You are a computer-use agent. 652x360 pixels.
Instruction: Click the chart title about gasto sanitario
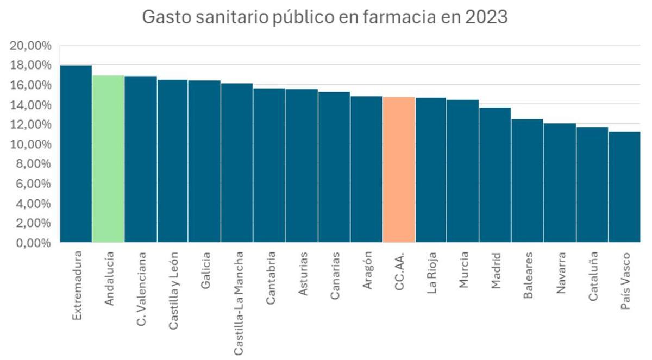pyautogui.click(x=324, y=17)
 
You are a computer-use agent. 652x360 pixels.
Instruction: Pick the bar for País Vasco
pyautogui.click(x=624, y=187)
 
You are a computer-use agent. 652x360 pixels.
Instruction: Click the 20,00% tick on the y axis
pyautogui.click(x=31, y=46)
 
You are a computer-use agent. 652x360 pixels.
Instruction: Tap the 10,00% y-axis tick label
pyautogui.click(x=31, y=144)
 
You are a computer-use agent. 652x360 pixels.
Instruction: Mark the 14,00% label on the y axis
pyautogui.click(x=31, y=105)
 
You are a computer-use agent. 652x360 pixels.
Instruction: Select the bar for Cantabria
pyautogui.click(x=269, y=165)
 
